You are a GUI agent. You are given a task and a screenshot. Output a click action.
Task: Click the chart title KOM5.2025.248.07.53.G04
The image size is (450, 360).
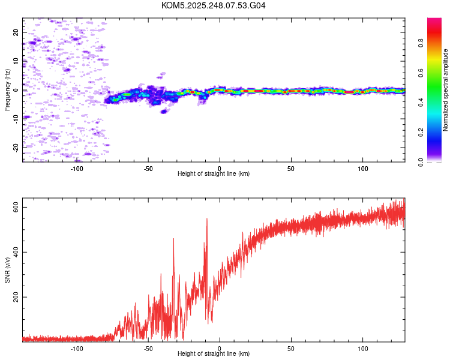point(214,5)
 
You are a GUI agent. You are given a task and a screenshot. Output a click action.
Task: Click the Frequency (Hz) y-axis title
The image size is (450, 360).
point(7,90)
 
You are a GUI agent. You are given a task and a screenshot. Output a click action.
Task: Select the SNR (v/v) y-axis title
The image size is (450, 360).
point(7,271)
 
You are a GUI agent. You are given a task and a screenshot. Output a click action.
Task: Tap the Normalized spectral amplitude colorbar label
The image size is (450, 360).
point(446,90)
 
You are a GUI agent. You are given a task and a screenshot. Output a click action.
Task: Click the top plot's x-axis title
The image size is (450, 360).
point(214,173)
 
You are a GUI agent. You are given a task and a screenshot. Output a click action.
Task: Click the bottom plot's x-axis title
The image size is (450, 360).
point(214,353)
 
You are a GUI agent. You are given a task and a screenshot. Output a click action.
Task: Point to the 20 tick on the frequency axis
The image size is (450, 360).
point(16,32)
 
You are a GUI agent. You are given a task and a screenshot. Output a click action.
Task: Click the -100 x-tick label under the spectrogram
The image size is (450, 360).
point(76,169)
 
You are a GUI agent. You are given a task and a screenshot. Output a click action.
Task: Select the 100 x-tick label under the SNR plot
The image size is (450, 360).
point(362,349)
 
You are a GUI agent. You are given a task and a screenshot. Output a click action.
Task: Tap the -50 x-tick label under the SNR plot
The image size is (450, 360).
point(148,349)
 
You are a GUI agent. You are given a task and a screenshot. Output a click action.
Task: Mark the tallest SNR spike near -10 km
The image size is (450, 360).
point(207,218)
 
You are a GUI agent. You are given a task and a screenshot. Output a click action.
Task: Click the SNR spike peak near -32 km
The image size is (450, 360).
point(173,239)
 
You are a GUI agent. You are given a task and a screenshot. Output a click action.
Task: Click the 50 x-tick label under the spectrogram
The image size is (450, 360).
point(291,169)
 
